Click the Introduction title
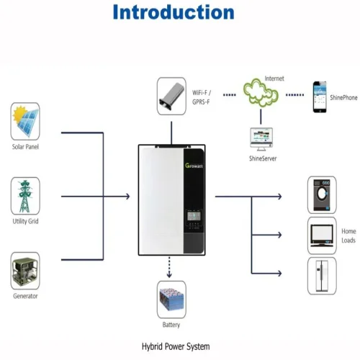(174, 12)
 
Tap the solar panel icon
(25, 121)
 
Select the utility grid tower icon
(25, 196)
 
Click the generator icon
(25, 271)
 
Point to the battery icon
(171, 300)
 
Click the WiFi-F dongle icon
(171, 96)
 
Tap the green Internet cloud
(261, 93)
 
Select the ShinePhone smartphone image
(320, 97)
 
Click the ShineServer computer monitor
(261, 139)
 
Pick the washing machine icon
(322, 195)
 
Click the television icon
(322, 235)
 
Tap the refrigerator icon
(322, 276)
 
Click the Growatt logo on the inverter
(194, 166)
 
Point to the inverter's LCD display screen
(194, 216)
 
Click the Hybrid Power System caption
(176, 346)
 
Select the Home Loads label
(348, 235)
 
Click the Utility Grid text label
(25, 221)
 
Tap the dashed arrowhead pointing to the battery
(169, 274)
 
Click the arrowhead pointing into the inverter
(127, 197)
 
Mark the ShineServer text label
(263, 158)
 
